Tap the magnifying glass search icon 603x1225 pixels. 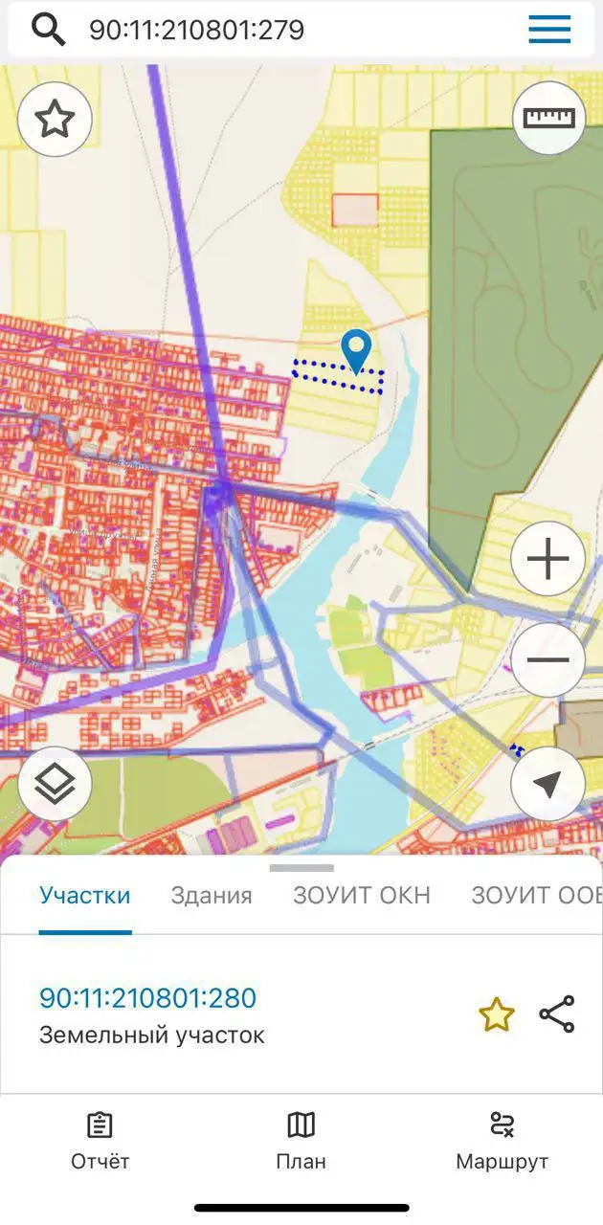(x=48, y=30)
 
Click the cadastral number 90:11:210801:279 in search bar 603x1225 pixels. (x=196, y=30)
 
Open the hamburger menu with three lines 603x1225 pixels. (x=549, y=30)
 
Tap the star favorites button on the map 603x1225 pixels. (x=55, y=120)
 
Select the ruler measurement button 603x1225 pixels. (x=548, y=118)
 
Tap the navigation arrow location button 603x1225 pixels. (x=547, y=785)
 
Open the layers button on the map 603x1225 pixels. (x=55, y=784)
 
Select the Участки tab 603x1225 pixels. (x=84, y=896)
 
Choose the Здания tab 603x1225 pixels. (x=212, y=896)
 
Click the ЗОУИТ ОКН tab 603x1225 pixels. (x=362, y=896)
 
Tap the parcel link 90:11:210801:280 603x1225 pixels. (x=147, y=998)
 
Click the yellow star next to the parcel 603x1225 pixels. (x=497, y=1014)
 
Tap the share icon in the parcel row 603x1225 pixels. (x=556, y=1014)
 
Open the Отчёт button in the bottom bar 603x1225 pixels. (x=100, y=1142)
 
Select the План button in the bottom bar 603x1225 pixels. (x=301, y=1142)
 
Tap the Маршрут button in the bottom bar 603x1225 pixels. (x=502, y=1142)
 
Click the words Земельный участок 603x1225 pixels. (x=152, y=1035)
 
